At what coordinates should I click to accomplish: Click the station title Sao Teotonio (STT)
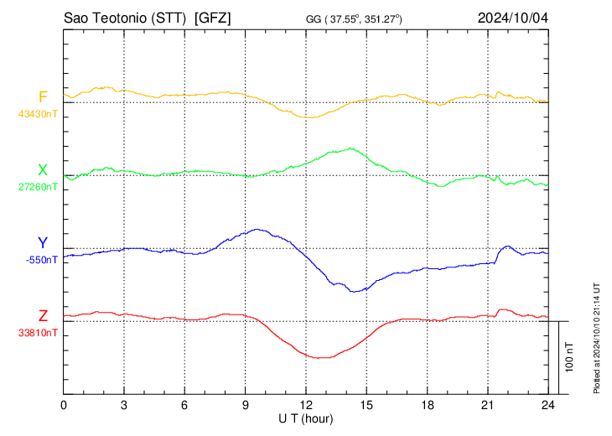pos(126,18)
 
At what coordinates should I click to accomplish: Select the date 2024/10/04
pos(512,18)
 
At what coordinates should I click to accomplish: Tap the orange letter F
pos(43,96)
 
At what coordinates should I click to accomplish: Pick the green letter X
pos(43,171)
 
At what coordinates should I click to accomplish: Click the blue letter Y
pos(43,243)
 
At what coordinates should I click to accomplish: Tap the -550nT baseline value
pos(41,260)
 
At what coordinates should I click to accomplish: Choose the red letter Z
pos(43,316)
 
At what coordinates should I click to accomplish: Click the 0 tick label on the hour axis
pos(64,406)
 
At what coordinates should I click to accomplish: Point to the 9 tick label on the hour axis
pos(245,406)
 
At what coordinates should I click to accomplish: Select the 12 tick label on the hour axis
pos(305,406)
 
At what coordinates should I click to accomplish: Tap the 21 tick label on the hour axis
pos(486,406)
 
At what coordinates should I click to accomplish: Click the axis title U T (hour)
pos(307,418)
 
